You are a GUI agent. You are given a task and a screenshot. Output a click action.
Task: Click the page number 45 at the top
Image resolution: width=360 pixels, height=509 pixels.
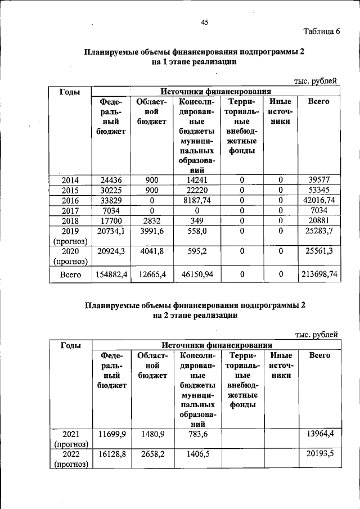coord(205,22)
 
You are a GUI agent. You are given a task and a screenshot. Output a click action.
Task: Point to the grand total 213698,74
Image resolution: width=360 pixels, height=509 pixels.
coord(318,274)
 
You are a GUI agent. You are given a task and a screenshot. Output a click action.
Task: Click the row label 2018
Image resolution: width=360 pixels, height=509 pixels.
coord(70,220)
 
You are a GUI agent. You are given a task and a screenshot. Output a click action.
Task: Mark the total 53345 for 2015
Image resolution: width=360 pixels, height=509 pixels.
coord(318,190)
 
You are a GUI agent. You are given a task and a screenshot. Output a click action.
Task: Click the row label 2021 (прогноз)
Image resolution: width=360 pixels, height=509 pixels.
coord(70,439)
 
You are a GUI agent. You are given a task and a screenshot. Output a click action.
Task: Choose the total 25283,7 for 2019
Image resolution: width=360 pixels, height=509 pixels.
coord(318,231)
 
